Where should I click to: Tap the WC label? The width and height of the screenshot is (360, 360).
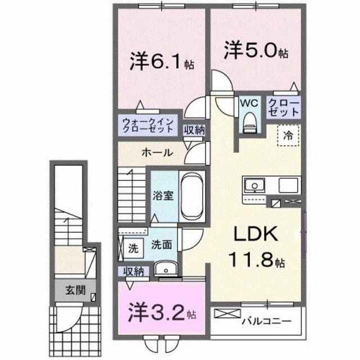tap(249, 103)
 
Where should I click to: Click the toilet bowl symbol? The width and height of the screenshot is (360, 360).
tap(249, 121)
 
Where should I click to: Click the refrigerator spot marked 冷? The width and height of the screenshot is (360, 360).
tap(287, 136)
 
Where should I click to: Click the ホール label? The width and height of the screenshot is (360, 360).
tap(157, 153)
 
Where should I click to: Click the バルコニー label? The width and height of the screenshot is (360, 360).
tap(266, 322)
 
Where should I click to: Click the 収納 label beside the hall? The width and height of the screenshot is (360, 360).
tap(195, 129)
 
